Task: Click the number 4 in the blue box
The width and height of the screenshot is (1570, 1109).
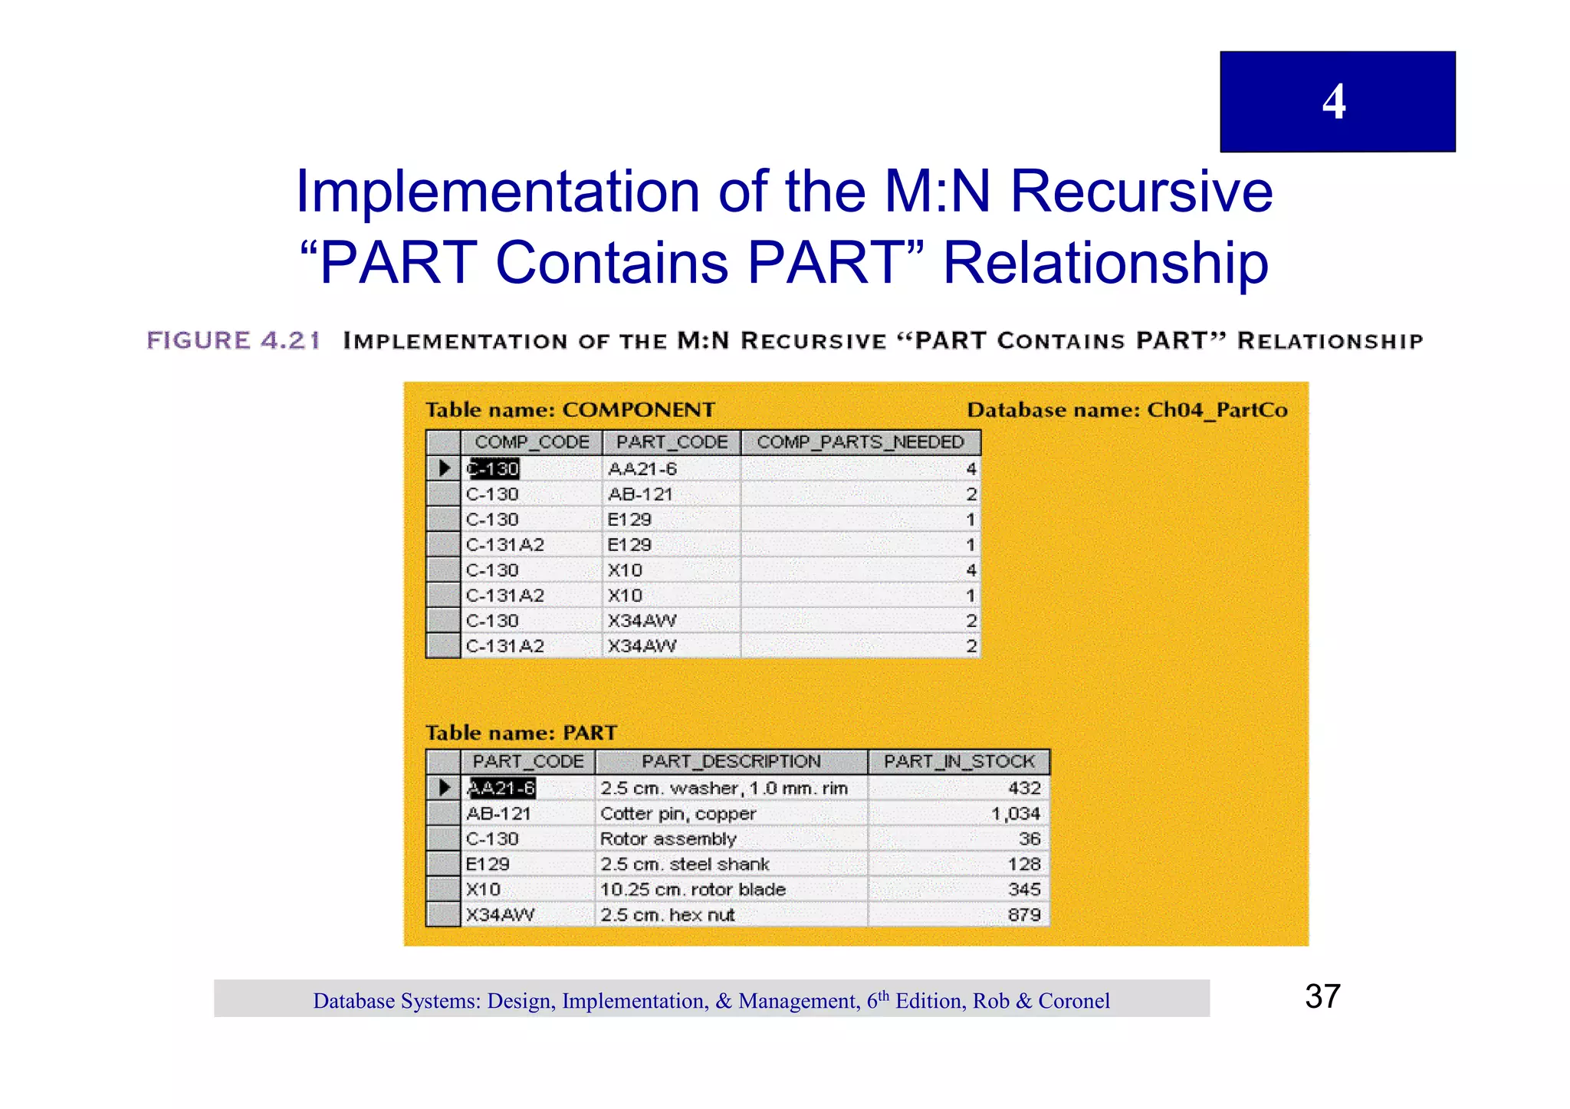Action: point(1334,102)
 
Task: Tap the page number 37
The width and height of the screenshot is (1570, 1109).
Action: point(1322,996)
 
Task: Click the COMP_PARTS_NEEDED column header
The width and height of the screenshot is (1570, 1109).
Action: point(860,442)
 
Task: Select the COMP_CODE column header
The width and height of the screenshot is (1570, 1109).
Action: point(531,442)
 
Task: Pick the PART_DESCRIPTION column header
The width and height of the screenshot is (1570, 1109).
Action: point(731,762)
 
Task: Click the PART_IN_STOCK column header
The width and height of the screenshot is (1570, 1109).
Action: point(958,762)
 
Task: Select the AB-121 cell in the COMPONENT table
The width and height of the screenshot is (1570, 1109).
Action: point(640,494)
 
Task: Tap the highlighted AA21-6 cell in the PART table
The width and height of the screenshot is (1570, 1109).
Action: point(501,788)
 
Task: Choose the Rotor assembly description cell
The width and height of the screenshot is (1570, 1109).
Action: point(668,839)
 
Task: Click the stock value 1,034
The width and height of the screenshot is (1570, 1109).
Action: point(1015,814)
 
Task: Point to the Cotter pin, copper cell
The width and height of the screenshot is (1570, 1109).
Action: point(678,814)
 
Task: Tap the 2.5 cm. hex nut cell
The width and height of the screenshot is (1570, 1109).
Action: point(667,915)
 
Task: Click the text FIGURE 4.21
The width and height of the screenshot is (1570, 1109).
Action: point(233,340)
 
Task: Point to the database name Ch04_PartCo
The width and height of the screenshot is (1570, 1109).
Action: point(1217,410)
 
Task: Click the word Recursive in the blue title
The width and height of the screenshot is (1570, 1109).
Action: point(1141,191)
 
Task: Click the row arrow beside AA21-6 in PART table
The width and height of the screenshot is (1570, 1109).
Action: point(443,788)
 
